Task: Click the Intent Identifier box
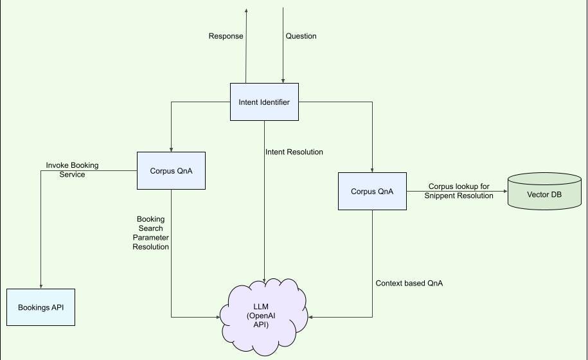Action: (264, 102)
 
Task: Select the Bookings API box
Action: (40, 307)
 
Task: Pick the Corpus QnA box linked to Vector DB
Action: (372, 191)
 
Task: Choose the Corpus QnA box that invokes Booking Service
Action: (171, 170)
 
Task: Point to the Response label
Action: (226, 36)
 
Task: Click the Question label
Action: (301, 36)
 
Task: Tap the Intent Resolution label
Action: (294, 152)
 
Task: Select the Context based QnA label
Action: (409, 283)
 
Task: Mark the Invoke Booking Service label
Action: (72, 170)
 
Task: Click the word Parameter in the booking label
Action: (151, 237)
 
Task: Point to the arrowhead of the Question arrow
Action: (281, 80)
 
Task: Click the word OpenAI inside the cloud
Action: (265, 316)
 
